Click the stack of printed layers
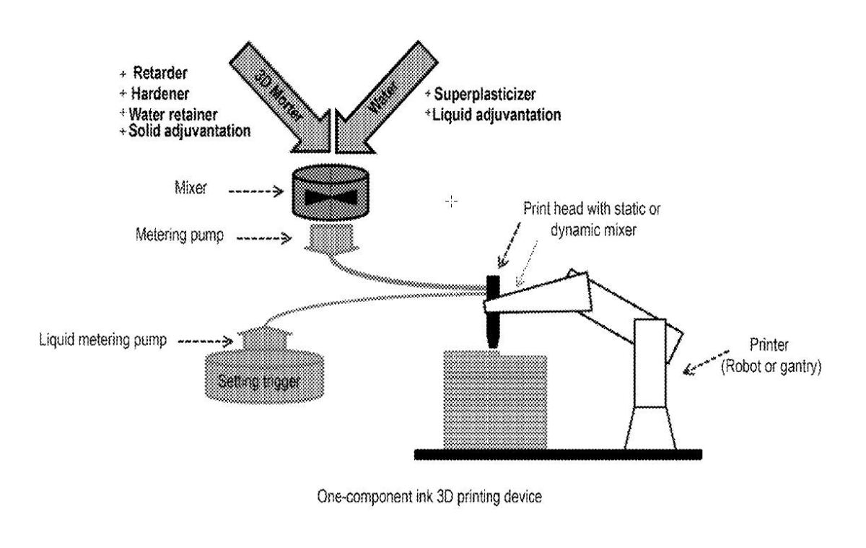pos(496,399)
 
